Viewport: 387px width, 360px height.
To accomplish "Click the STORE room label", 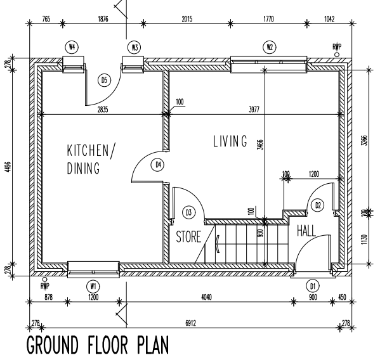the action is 188,236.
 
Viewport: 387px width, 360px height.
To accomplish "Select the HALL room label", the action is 306,231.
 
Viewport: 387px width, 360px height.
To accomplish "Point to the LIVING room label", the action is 230,141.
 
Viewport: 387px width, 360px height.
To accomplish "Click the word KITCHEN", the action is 88,151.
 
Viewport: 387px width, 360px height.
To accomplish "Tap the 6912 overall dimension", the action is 190,323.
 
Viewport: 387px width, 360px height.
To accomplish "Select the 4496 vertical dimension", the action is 8,167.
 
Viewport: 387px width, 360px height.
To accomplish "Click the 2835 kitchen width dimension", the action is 103,110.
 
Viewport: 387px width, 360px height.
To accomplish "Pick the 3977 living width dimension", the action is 254,110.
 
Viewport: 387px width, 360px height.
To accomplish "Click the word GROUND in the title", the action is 53,345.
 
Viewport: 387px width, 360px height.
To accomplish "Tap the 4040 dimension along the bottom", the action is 207,297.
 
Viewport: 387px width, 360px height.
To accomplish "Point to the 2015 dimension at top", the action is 187,19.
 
